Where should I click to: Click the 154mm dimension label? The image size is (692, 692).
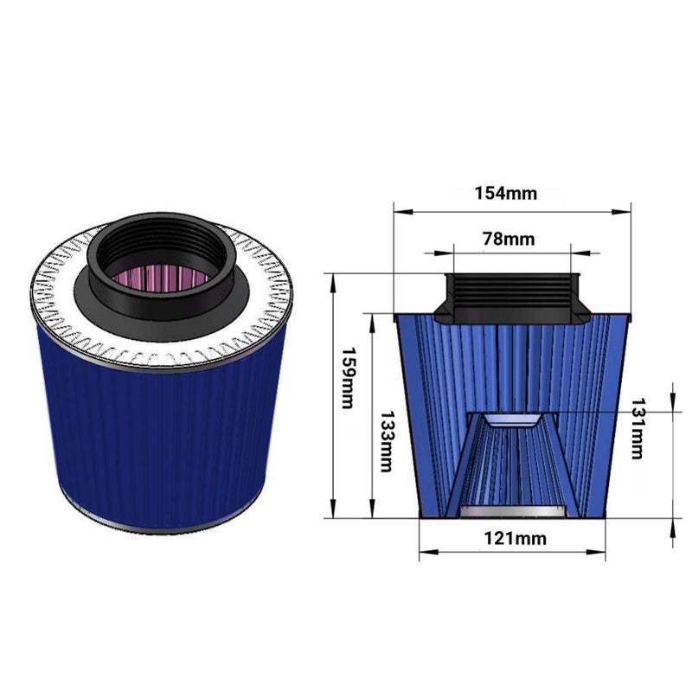tap(506, 193)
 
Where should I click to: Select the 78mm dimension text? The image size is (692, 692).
tap(509, 239)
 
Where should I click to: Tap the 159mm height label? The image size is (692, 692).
tap(349, 378)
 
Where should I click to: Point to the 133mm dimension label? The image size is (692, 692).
tap(386, 442)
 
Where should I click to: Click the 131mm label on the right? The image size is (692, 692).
tap(637, 428)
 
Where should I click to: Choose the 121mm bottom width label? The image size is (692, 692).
tap(515, 538)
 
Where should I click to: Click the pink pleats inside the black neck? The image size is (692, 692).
tap(161, 276)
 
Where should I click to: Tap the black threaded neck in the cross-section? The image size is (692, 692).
tap(512, 298)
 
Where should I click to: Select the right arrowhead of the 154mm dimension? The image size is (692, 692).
tap(621, 212)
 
